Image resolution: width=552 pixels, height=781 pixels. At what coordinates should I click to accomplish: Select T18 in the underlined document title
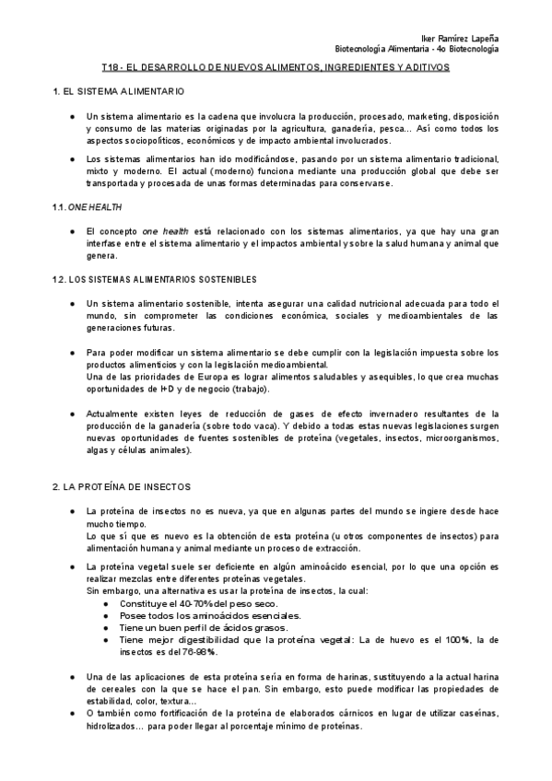(111, 68)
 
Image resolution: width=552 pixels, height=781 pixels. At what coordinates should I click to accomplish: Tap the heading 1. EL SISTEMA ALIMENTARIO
(119, 92)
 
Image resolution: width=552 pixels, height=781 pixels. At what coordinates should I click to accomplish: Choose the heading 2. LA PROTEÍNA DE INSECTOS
(122, 486)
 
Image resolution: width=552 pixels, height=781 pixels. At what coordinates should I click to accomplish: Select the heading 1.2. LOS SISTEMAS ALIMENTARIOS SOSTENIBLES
(154, 279)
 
